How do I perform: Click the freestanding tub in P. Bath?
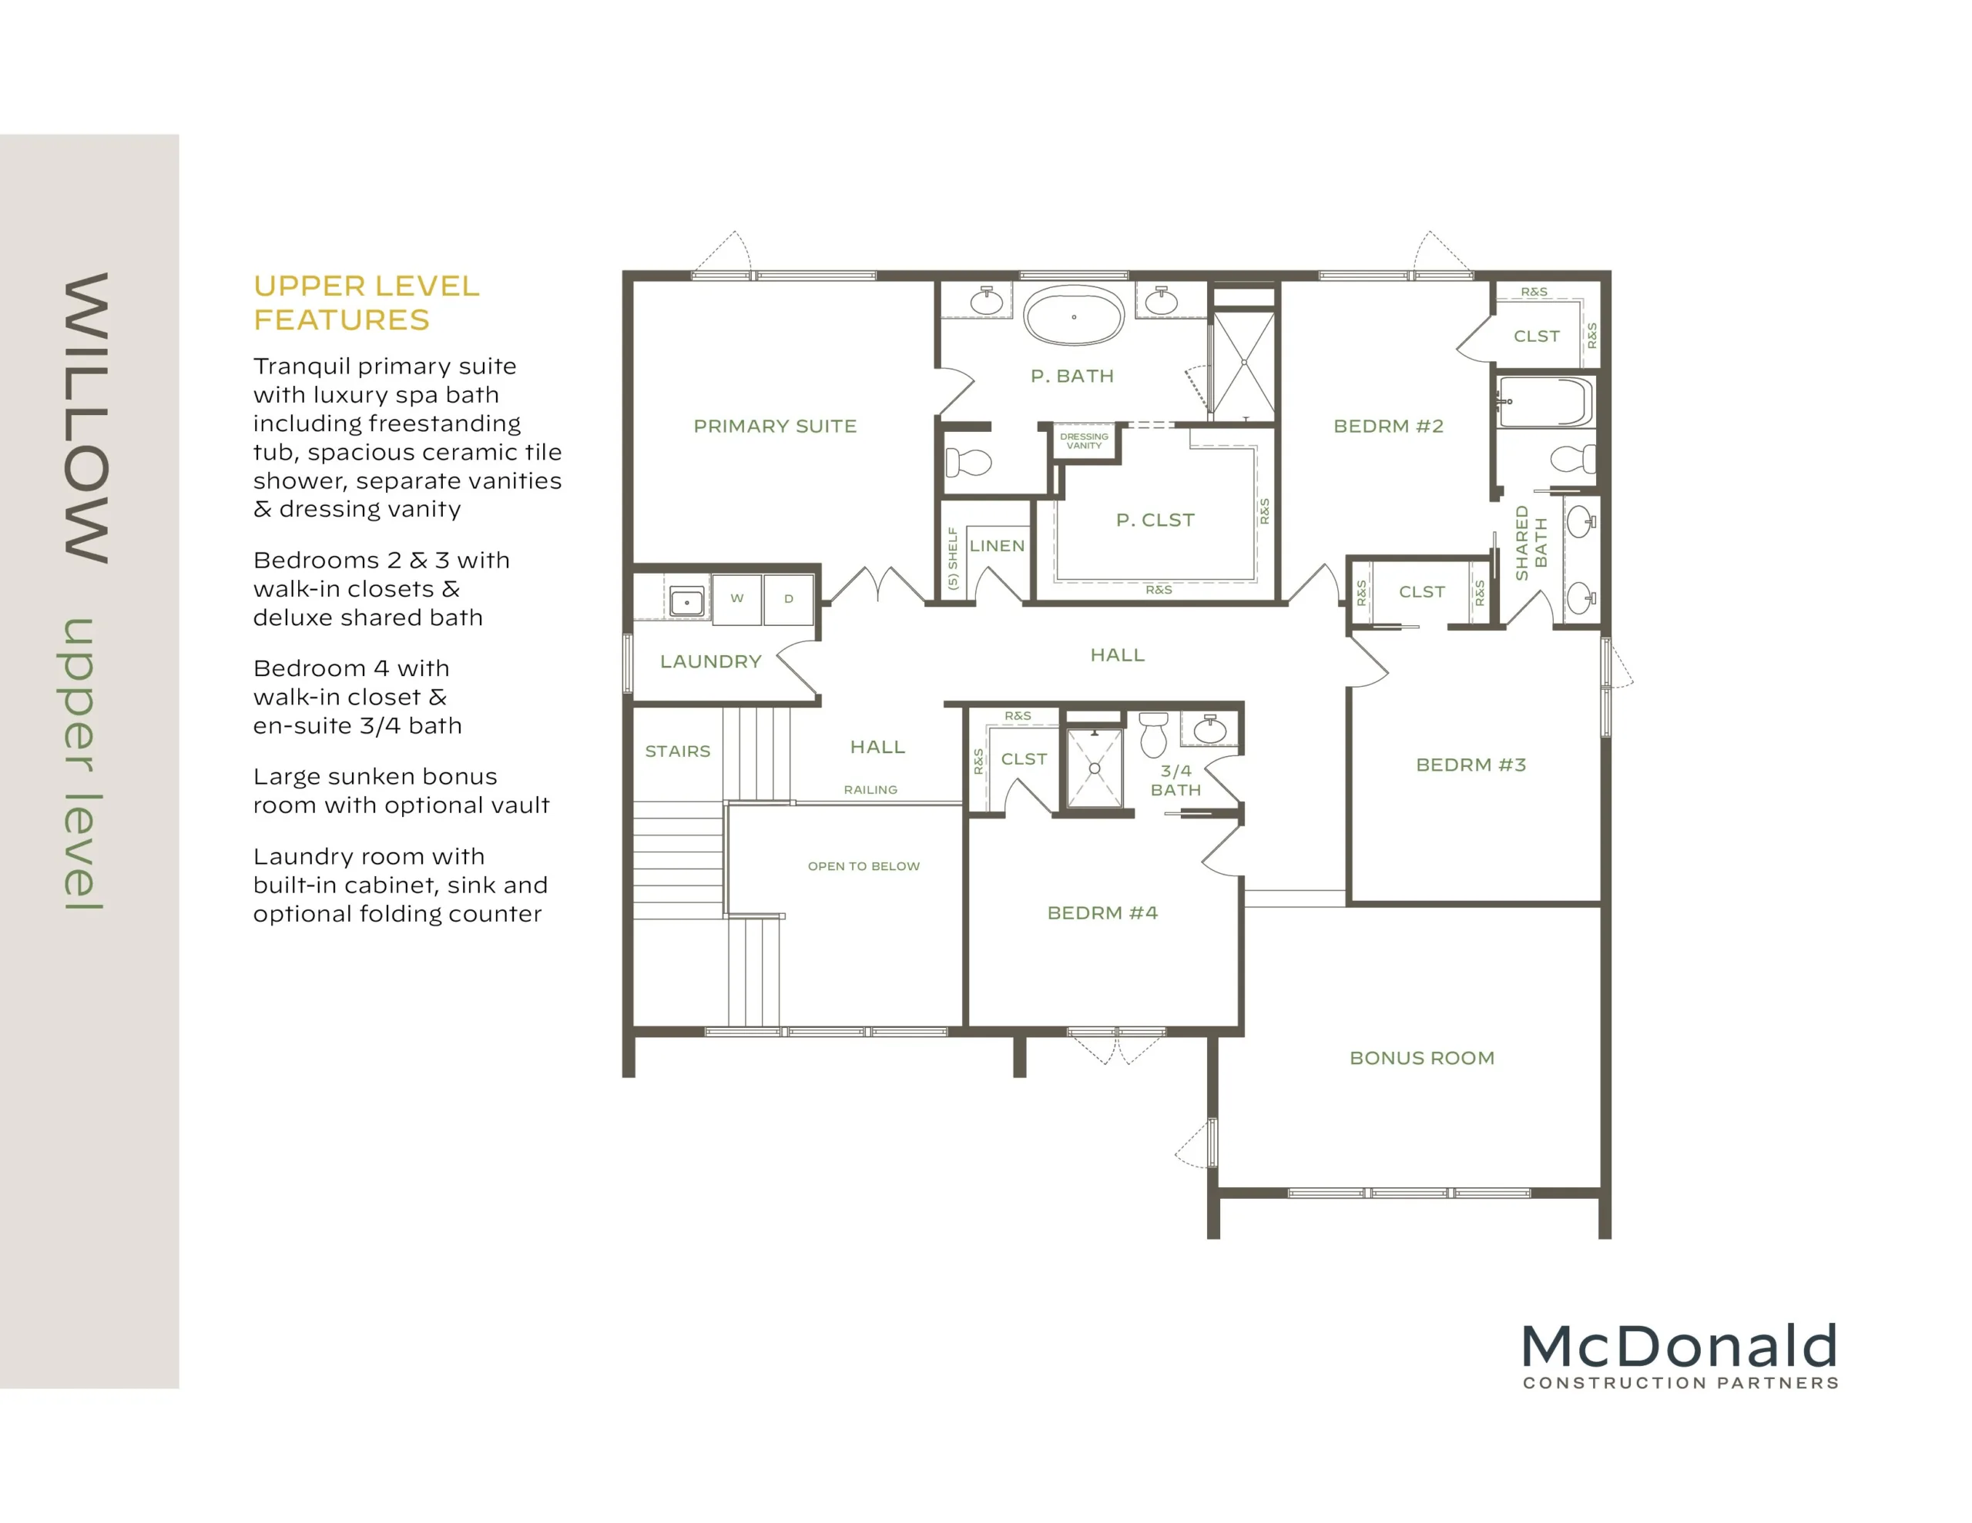click(x=1074, y=316)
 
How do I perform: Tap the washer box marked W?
click(x=736, y=598)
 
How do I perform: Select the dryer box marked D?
click(x=788, y=598)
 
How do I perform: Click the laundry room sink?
click(x=687, y=601)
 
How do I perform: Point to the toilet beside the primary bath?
click(x=969, y=462)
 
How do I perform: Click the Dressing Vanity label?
click(x=1085, y=440)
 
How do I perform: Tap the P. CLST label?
click(x=1155, y=520)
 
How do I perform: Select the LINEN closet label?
click(x=997, y=545)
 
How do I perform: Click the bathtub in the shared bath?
click(x=1545, y=402)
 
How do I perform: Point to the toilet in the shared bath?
click(x=1573, y=459)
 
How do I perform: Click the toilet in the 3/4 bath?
click(x=1153, y=734)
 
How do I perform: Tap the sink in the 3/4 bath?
click(x=1210, y=728)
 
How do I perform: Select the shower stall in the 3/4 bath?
click(x=1095, y=768)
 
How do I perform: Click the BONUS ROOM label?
click(x=1422, y=1058)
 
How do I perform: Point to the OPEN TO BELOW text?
click(x=864, y=865)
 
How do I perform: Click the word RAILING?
click(x=870, y=789)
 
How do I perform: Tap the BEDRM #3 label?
click(x=1471, y=765)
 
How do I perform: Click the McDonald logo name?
click(x=1679, y=1346)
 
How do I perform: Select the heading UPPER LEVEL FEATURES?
click(x=367, y=303)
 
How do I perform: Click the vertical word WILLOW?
click(x=87, y=418)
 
